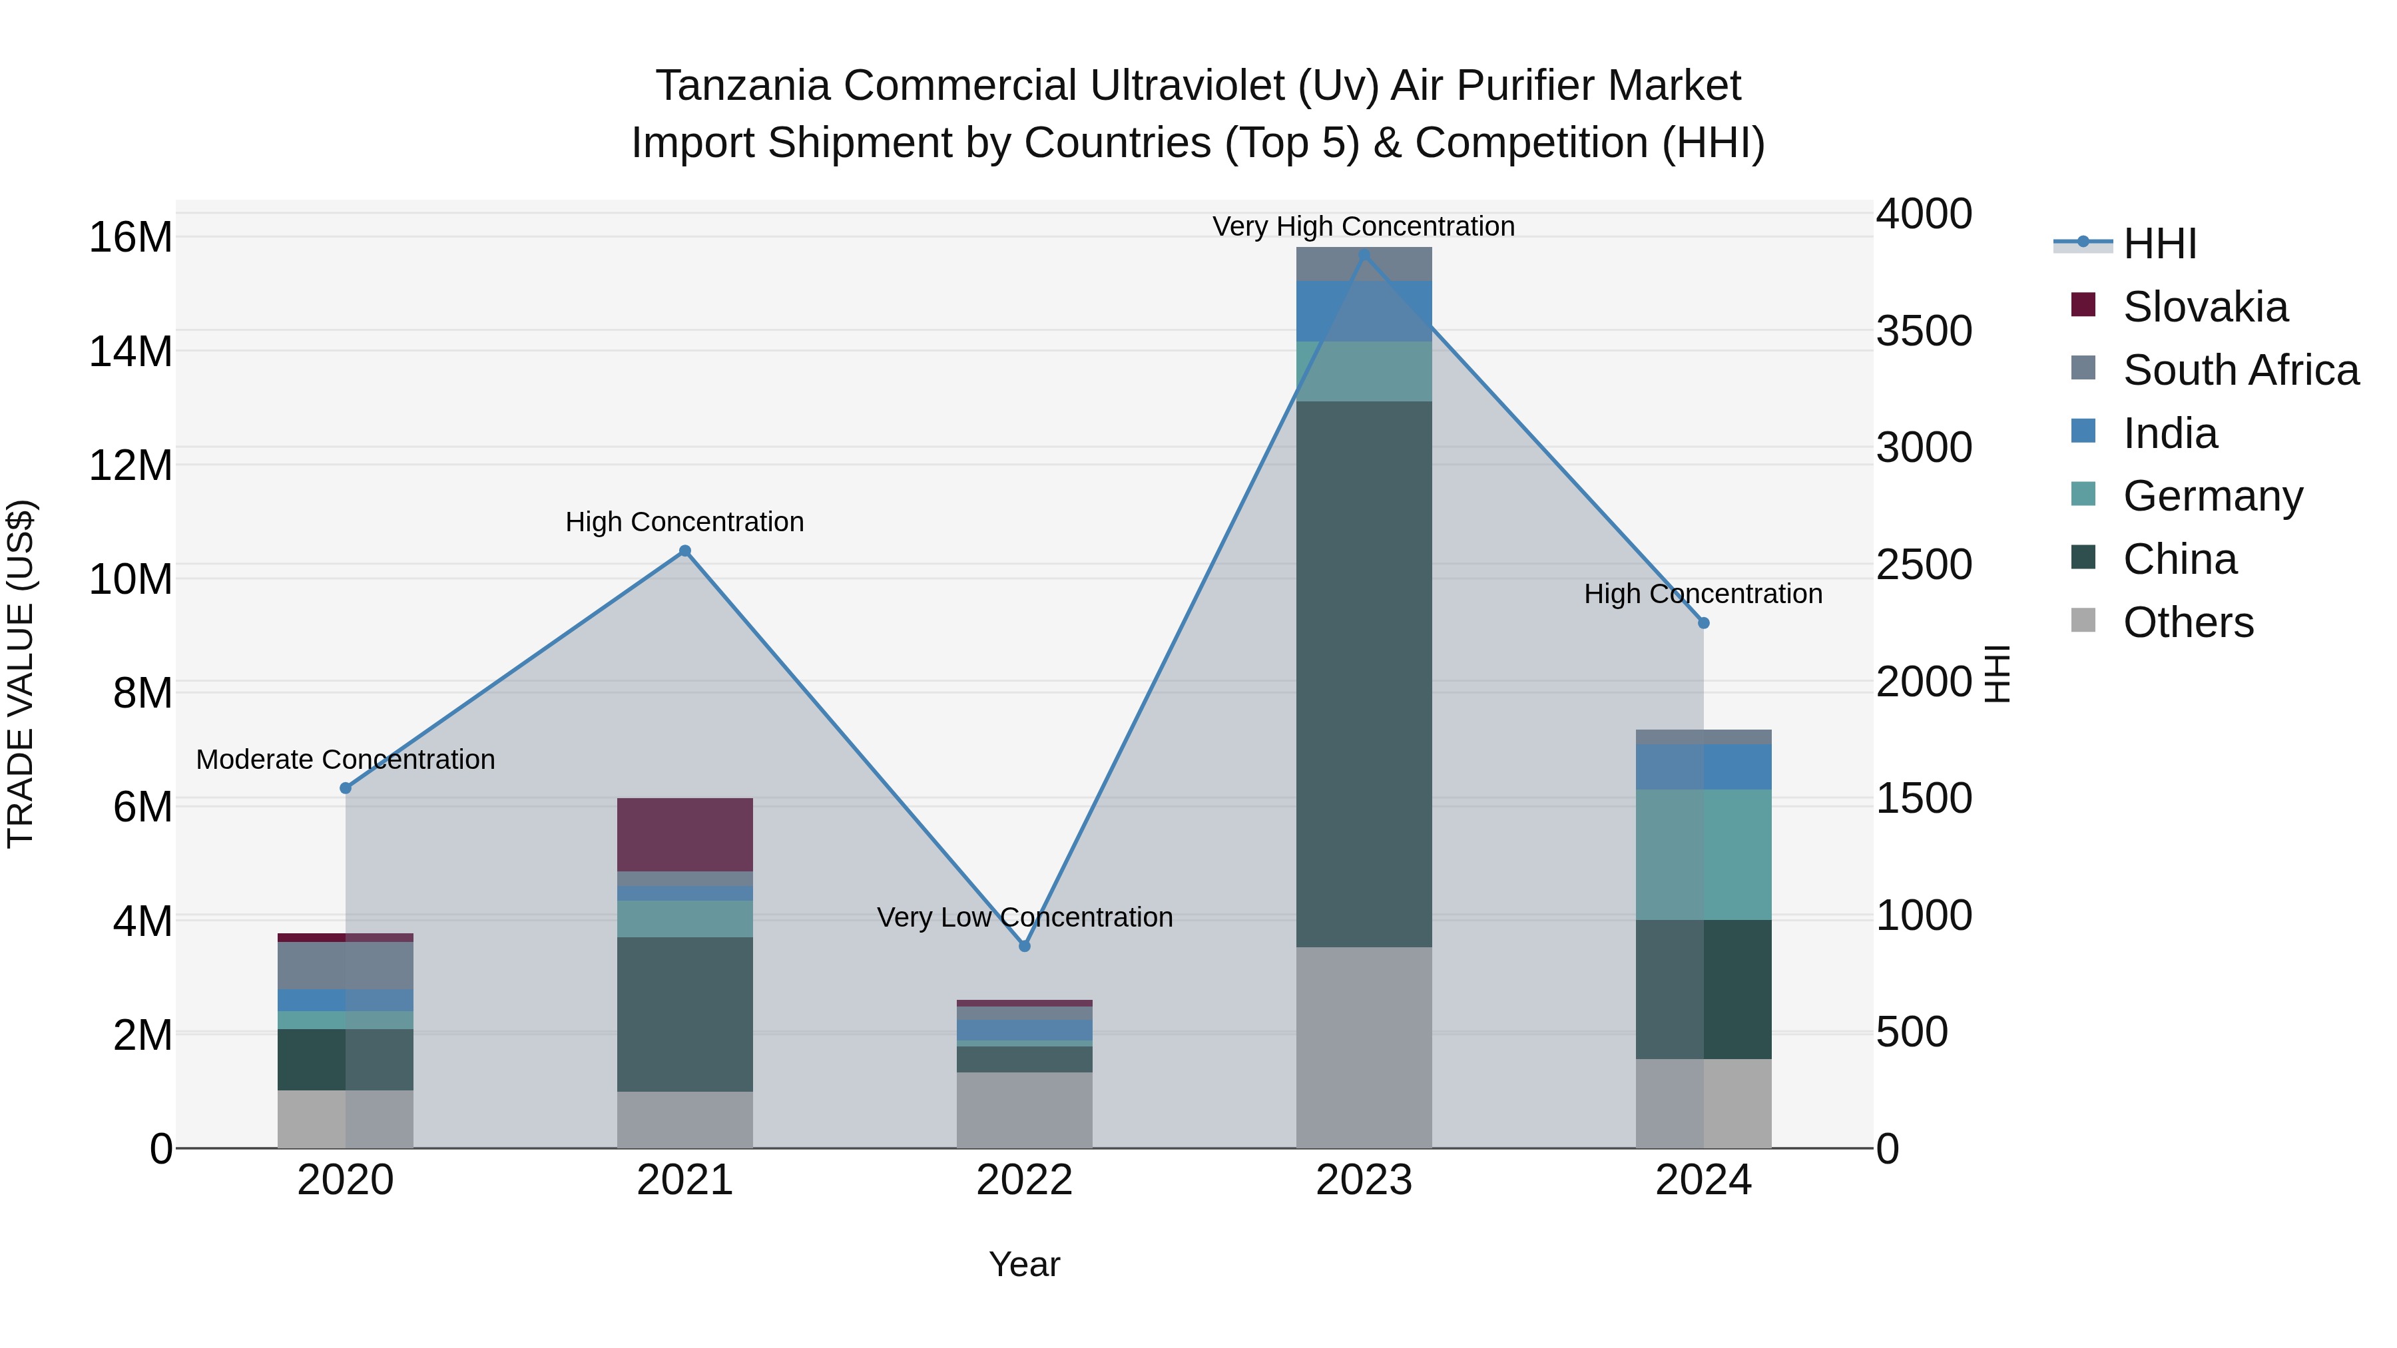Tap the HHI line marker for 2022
pos(1025,946)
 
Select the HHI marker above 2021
pos(685,551)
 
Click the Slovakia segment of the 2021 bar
pos(685,835)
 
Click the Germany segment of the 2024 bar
pos(1704,855)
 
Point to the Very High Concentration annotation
pos(1363,226)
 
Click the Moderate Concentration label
pos(345,759)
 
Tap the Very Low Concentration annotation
pos(1025,917)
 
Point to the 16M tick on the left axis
pos(131,237)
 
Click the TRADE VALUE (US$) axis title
pos(21,674)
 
